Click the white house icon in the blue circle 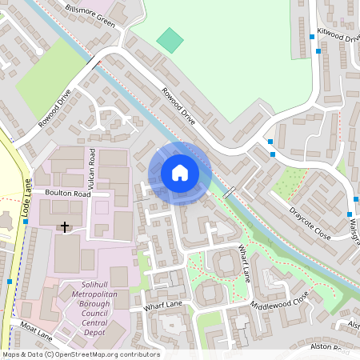pos(180,172)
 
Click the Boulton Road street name pos(68,194)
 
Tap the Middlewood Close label pos(279,301)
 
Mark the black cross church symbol pos(65,227)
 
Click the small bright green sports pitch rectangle pos(170,38)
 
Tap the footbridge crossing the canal pos(229,193)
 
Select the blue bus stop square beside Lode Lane pos(10,282)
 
